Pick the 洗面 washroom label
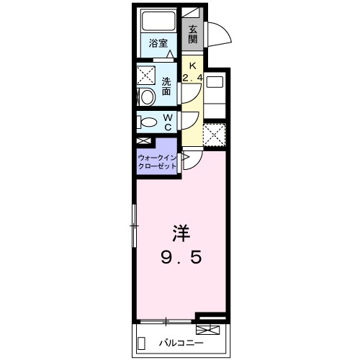[166, 86]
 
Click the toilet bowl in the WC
[145, 122]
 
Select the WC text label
[166, 122]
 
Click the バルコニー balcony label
[180, 343]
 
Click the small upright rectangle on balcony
[141, 343]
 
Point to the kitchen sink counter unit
[215, 94]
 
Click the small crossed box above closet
[144, 142]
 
